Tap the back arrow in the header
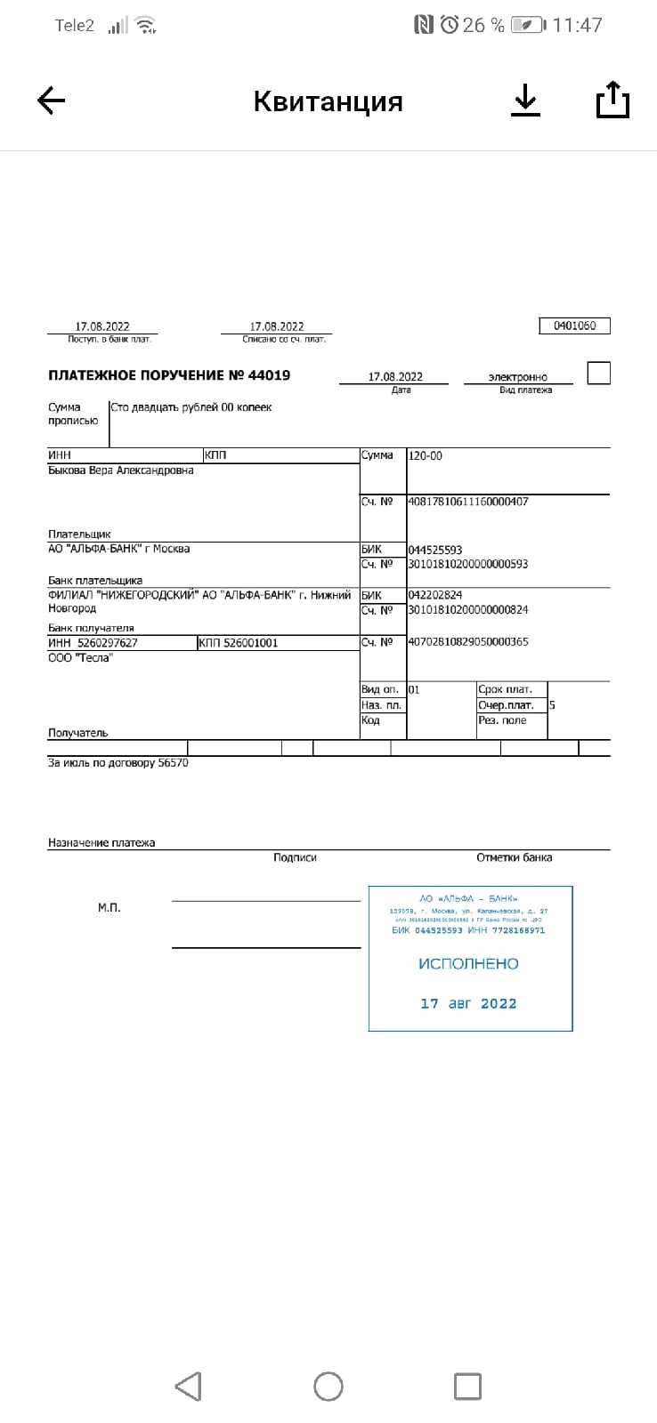click(51, 100)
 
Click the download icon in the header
click(525, 100)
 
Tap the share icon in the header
click(612, 100)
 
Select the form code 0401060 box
click(574, 326)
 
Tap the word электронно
click(518, 377)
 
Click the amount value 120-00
click(426, 455)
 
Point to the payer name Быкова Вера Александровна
click(121, 470)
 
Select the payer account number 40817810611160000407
click(468, 502)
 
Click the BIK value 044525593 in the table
click(435, 550)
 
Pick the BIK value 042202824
click(435, 595)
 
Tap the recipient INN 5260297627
click(107, 643)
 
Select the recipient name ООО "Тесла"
click(80, 658)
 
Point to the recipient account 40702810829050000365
click(468, 642)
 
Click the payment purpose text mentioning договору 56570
click(118, 763)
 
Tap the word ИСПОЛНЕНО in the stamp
click(468, 964)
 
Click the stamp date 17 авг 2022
click(468, 1003)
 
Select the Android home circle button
click(328, 1386)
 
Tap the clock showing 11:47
click(577, 25)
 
